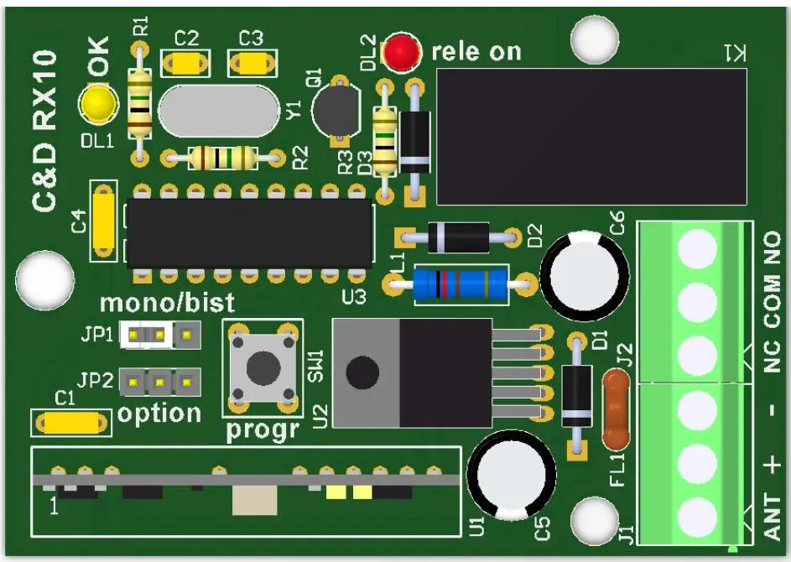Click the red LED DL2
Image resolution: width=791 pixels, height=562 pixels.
tap(402, 52)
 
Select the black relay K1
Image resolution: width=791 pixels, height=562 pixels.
tap(591, 137)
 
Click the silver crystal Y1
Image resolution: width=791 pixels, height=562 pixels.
tap(218, 111)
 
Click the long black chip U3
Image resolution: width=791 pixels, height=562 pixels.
tap(249, 232)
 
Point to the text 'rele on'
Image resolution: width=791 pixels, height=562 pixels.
tap(476, 52)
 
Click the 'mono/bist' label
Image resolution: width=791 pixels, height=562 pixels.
tap(168, 301)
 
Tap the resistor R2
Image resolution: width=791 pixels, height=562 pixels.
tap(222, 157)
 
